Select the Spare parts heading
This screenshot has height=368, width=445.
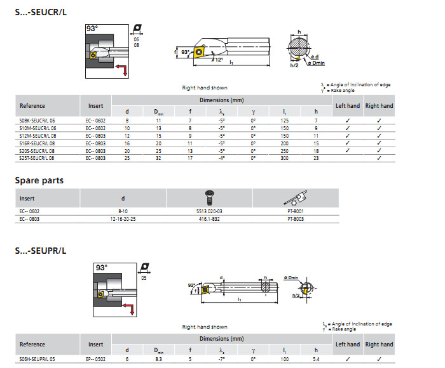coord(39,180)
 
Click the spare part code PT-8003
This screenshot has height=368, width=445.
coord(296,218)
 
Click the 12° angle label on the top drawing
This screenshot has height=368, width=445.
coord(219,59)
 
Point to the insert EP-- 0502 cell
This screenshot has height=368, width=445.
coord(95,358)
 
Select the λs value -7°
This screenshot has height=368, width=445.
coord(221,358)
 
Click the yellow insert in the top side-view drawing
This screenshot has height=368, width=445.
coord(200,52)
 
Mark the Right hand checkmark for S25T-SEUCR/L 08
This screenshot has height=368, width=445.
coord(379,158)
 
